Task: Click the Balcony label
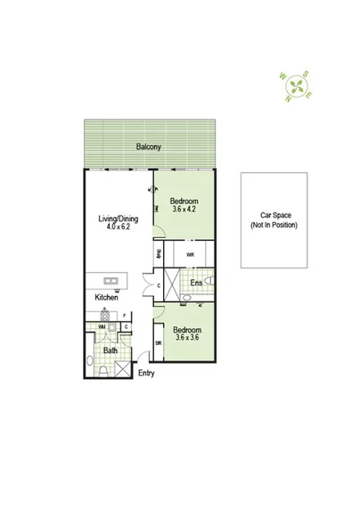(148, 146)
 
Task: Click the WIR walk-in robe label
(190, 255)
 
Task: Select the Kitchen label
(109, 297)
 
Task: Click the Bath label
(110, 351)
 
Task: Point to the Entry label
(145, 373)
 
